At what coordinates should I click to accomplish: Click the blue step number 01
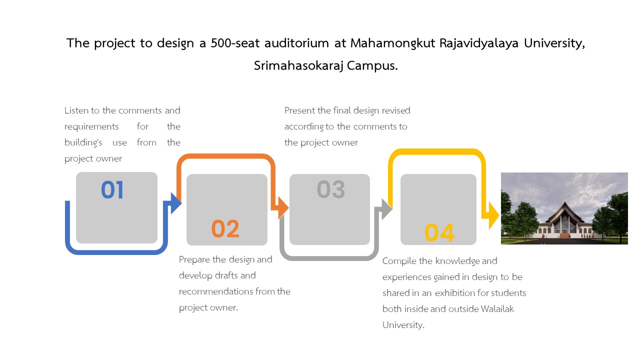[112, 189]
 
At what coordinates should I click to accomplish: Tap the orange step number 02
[225, 228]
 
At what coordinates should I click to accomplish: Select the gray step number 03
[331, 189]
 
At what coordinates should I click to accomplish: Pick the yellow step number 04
[439, 232]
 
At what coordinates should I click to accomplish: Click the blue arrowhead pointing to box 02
[175, 203]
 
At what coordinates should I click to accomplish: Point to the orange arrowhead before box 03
[283, 207]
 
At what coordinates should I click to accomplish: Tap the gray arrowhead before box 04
[387, 209]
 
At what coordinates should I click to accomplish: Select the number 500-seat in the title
[235, 43]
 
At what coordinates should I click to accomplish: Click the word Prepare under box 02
[194, 259]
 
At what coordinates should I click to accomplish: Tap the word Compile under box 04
[399, 261]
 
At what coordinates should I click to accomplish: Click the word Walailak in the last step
[497, 309]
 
